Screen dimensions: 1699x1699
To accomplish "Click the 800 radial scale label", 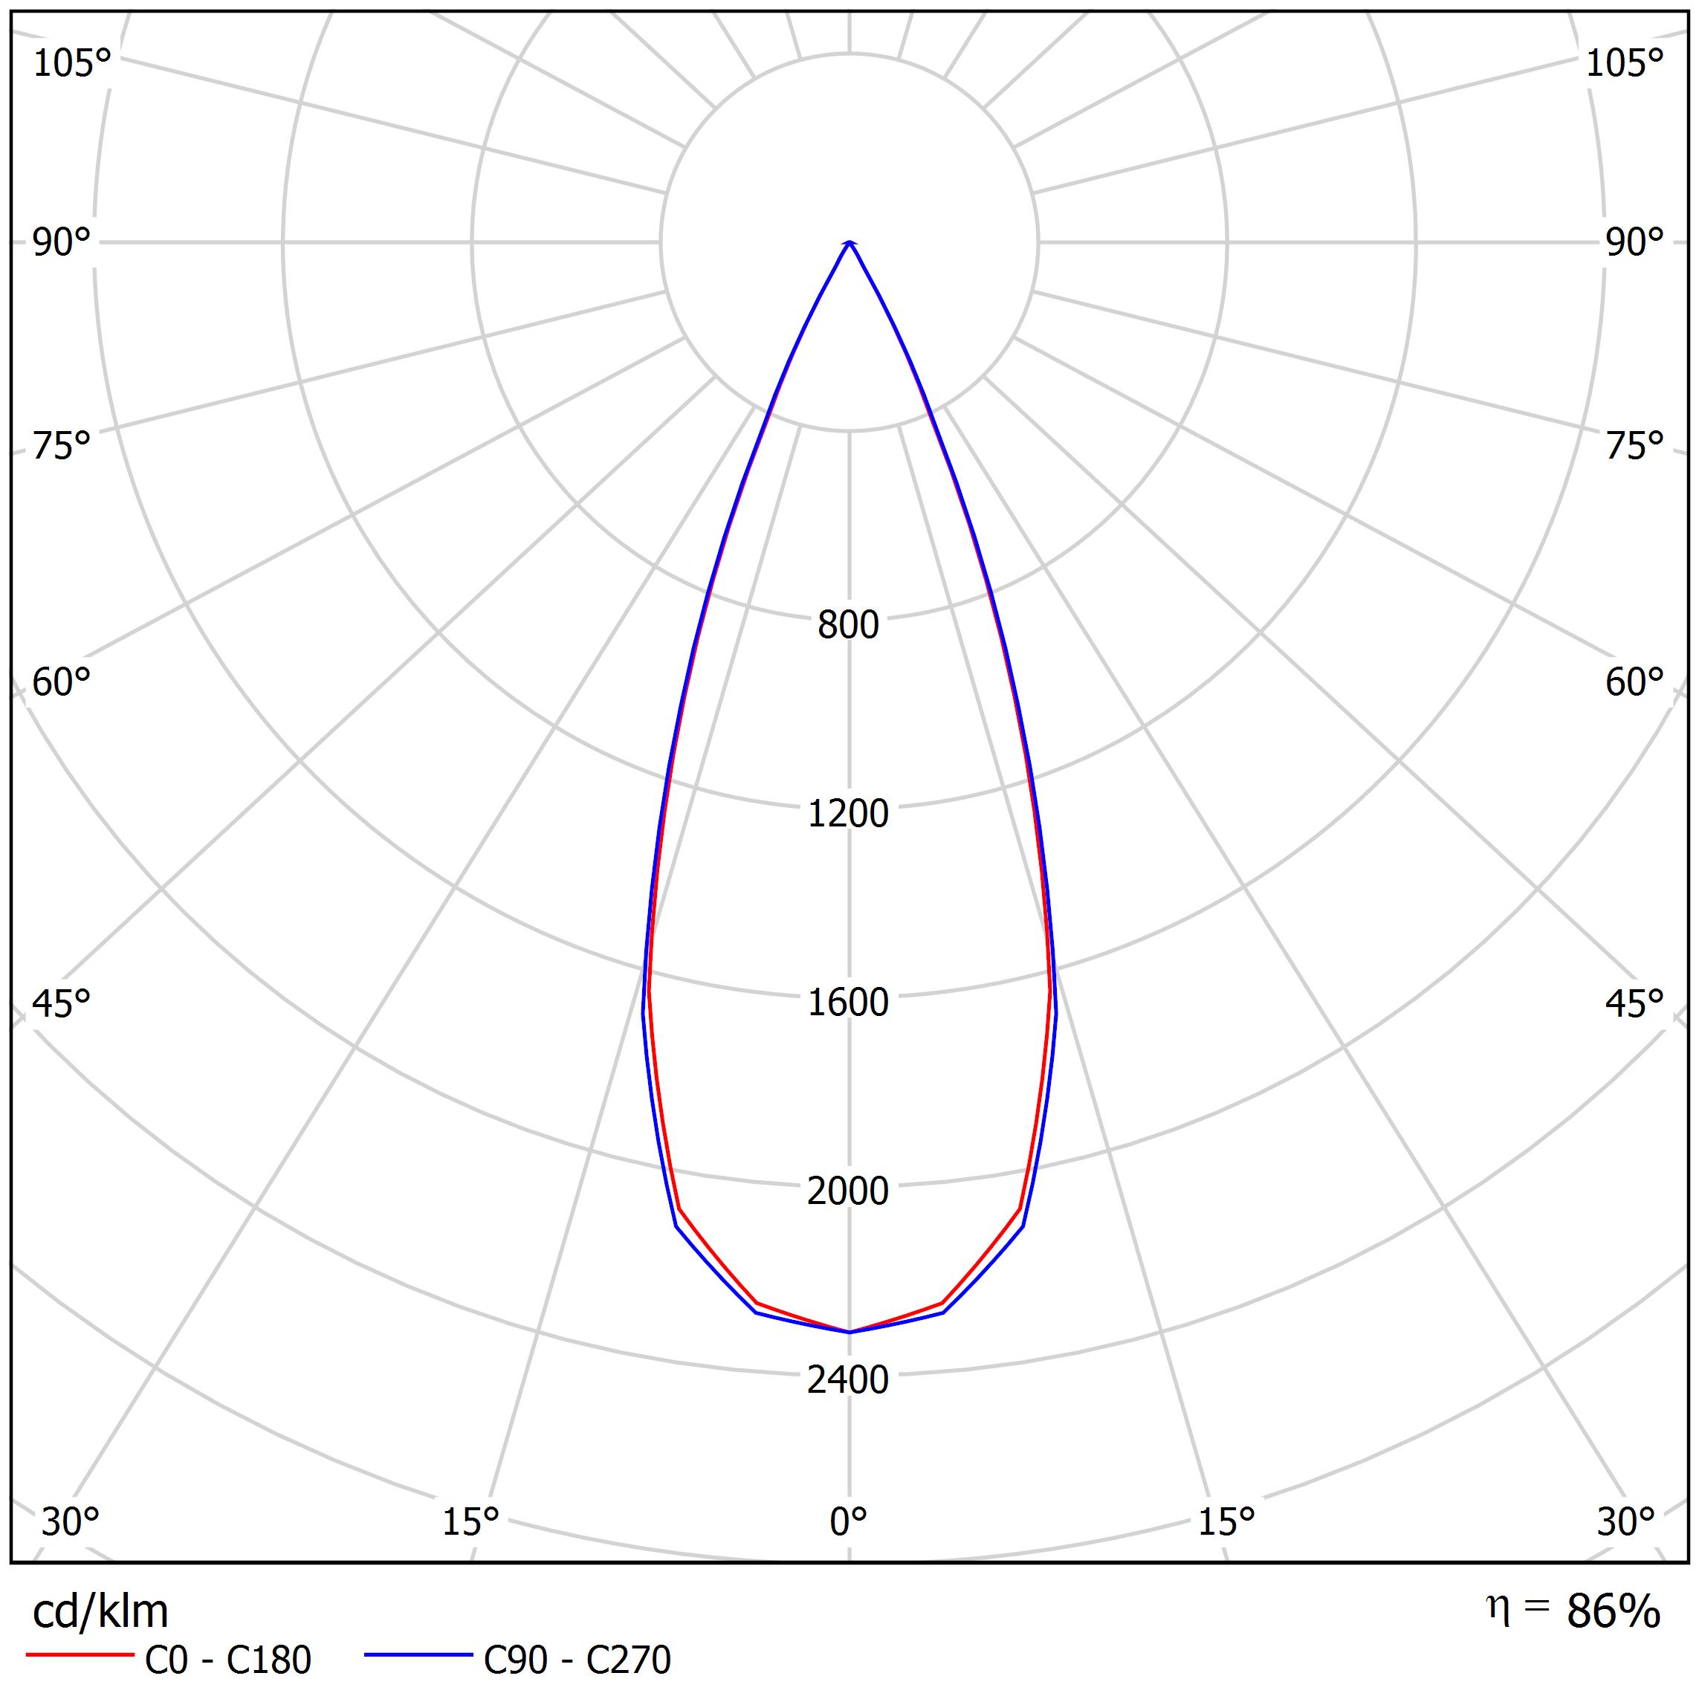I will tap(848, 625).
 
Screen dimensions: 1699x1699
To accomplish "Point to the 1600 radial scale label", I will tap(848, 1003).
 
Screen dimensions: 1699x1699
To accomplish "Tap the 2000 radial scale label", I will tap(848, 1191).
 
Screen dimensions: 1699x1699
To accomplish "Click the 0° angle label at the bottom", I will tap(848, 1521).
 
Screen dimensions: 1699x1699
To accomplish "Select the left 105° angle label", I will tap(72, 64).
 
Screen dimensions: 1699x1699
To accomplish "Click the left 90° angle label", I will tap(62, 243).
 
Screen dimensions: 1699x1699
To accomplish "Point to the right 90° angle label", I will tap(1635, 243).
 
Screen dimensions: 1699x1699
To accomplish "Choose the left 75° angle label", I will tap(62, 447).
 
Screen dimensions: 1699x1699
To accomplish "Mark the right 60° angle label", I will tap(1635, 682).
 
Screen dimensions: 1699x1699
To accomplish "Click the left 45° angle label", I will tap(62, 1004).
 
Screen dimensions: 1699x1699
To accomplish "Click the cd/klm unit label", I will tap(100, 1612).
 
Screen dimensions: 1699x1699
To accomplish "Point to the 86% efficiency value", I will tap(1613, 1612).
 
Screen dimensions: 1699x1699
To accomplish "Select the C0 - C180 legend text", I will tap(227, 1660).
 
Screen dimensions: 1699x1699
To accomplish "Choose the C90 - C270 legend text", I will tap(577, 1660).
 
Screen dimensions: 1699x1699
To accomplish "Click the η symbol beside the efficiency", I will tap(1497, 1608).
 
